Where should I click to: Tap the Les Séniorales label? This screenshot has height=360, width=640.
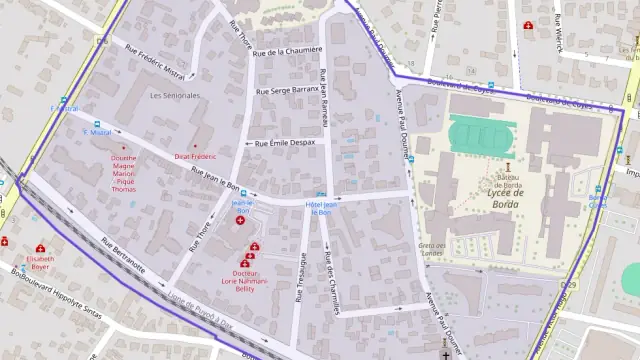174,96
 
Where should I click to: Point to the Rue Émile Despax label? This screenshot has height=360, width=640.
285,143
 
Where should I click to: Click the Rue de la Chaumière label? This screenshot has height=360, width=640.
288,50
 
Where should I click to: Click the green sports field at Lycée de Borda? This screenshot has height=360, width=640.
478,134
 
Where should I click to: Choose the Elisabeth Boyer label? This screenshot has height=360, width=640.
40,262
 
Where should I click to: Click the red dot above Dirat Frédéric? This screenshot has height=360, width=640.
195,146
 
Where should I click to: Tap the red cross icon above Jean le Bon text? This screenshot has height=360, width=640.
239,222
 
